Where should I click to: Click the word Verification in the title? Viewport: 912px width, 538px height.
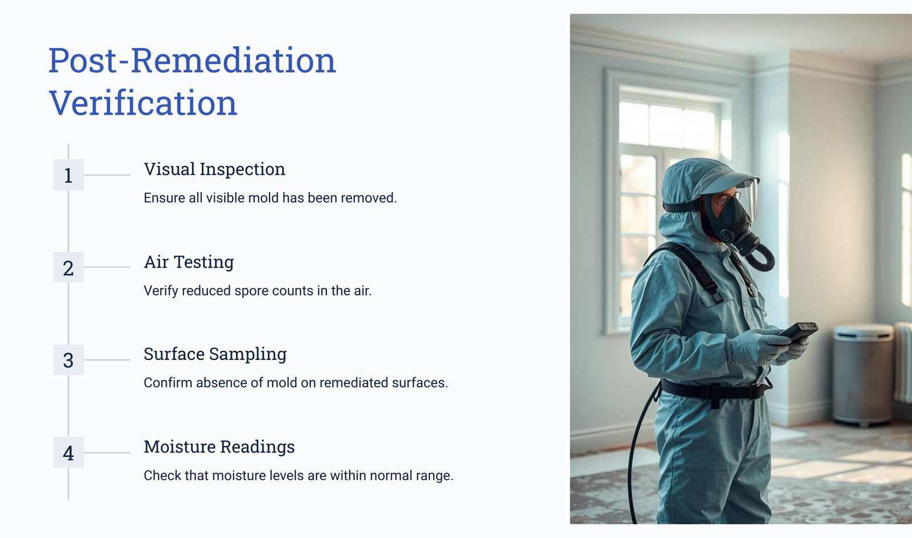pyautogui.click(x=143, y=103)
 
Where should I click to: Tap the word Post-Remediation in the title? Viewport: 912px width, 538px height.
pyautogui.click(x=192, y=60)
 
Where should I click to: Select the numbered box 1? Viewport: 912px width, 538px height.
pyautogui.click(x=68, y=175)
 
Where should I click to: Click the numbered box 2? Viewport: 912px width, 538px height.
pyautogui.click(x=68, y=268)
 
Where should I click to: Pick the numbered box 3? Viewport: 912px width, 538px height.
pyautogui.click(x=68, y=360)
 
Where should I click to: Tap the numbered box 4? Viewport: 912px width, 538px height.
pyautogui.click(x=68, y=452)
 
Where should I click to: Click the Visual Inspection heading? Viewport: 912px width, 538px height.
pyautogui.click(x=214, y=169)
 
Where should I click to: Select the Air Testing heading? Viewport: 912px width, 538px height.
pyautogui.click(x=189, y=262)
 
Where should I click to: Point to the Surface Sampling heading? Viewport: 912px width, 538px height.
pyautogui.click(x=215, y=354)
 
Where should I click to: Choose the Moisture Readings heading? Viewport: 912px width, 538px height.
pyautogui.click(x=219, y=447)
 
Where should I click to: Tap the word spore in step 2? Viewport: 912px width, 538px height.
pyautogui.click(x=251, y=291)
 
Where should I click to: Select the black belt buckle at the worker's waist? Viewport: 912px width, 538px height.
pyautogui.click(x=715, y=395)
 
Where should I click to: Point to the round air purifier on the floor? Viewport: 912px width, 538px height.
pyautogui.click(x=862, y=374)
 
